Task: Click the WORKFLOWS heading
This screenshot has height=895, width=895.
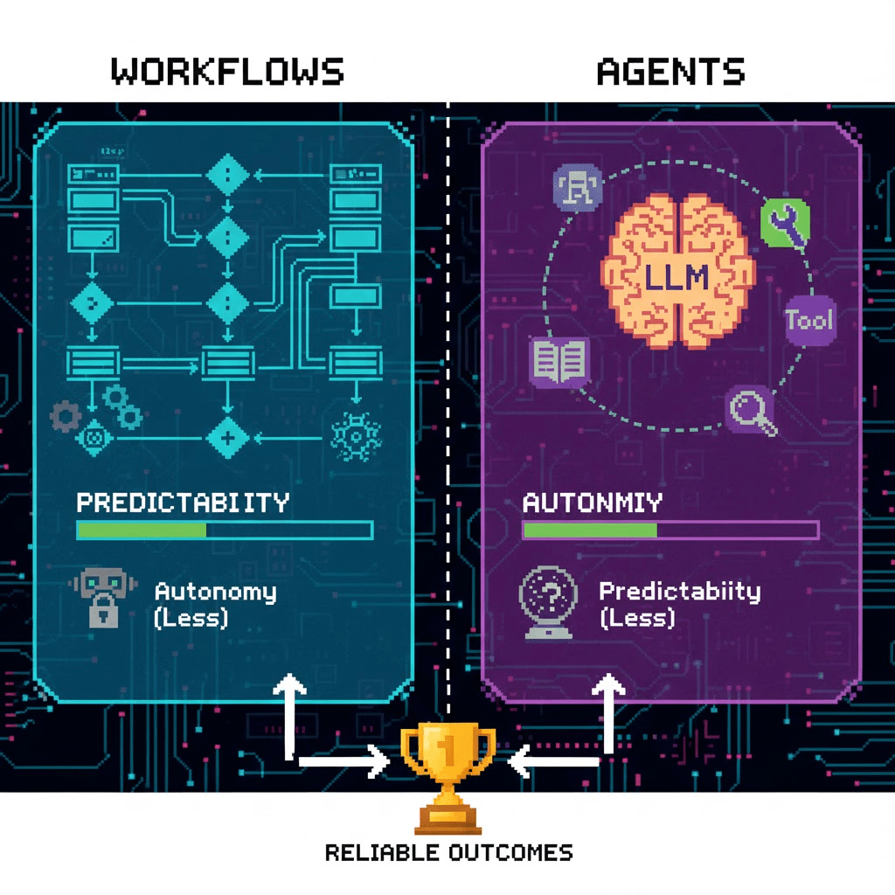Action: click(227, 71)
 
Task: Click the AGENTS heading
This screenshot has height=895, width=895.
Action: click(670, 71)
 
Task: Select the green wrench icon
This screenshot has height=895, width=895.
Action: click(786, 223)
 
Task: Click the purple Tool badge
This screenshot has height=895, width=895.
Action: click(809, 320)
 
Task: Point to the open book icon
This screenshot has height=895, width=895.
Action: click(559, 361)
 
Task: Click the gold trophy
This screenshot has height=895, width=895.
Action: click(447, 774)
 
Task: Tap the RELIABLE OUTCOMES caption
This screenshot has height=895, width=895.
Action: click(448, 852)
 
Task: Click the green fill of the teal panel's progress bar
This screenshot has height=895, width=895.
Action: click(142, 530)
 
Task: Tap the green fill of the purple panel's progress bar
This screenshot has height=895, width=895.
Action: click(590, 530)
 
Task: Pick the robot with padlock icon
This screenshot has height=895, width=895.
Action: click(102, 599)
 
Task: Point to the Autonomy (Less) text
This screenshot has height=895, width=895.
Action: click(215, 604)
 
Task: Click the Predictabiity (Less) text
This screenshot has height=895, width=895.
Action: click(679, 604)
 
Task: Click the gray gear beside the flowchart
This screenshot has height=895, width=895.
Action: click(64, 416)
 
